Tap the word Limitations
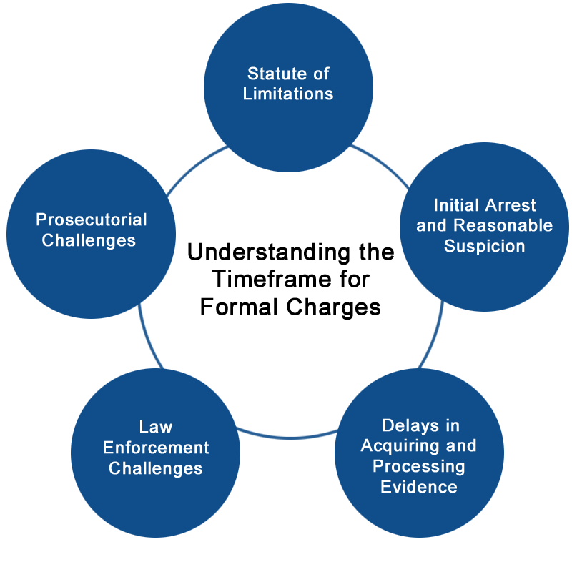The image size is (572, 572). point(288,94)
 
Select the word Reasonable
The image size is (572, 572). point(503,225)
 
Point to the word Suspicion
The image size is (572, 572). point(485,246)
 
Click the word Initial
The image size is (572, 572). point(456,205)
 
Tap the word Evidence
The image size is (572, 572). point(419,487)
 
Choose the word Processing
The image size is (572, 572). point(419,467)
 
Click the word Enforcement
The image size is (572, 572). point(156,448)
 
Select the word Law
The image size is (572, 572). point(156,427)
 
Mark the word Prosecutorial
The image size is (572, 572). point(92,220)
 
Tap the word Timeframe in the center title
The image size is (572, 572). point(272,280)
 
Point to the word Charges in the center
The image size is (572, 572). point(333,307)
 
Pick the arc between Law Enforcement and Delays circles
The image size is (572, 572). point(288,437)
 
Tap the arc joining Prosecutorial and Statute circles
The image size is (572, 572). point(194,167)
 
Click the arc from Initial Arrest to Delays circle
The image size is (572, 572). point(434,335)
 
